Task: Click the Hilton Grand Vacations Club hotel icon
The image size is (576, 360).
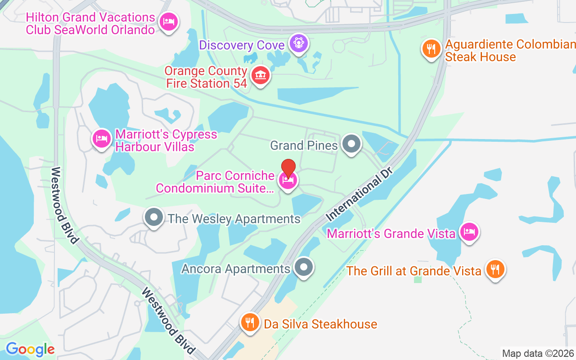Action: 169,21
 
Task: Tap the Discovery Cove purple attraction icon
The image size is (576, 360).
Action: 298,43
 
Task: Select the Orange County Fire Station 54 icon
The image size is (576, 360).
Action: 260,75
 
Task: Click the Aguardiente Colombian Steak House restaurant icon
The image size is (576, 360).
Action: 431,49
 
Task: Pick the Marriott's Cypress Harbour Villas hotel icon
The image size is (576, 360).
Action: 101,139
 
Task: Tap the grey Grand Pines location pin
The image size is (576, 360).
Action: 351,144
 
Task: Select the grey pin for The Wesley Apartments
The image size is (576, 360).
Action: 154,218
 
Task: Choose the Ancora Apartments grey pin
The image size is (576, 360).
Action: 304,267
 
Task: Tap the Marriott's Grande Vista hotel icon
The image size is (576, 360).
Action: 469,232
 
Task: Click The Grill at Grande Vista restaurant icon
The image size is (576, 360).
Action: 495,269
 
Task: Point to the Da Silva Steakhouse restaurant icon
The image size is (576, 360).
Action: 250,322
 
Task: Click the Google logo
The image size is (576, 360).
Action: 30,349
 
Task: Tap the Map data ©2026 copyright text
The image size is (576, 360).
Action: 538,354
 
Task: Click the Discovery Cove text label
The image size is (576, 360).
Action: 242,45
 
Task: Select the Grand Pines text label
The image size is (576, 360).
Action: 304,145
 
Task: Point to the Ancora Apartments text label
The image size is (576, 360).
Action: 236,269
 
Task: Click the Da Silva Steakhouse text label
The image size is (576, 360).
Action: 320,324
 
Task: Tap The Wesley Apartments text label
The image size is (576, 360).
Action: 234,219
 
